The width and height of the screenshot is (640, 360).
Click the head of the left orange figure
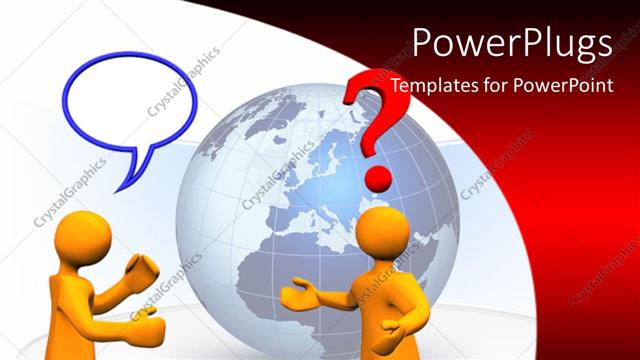tap(84, 239)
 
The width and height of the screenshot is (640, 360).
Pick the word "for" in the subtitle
tap(497, 85)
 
